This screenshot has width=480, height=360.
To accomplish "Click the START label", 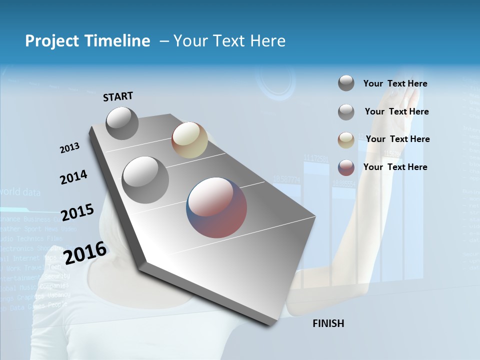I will click(x=118, y=96).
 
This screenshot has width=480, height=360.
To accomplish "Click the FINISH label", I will click(x=328, y=323).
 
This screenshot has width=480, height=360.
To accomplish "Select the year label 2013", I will click(x=69, y=147).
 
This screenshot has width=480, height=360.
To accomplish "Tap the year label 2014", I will click(x=73, y=177).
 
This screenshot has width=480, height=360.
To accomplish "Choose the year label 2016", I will click(x=85, y=252).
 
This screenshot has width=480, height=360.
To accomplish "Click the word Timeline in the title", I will click(x=115, y=41).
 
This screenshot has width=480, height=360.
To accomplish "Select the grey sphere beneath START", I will click(x=122, y=123).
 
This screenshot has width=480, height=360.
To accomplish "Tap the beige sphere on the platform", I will click(x=189, y=140).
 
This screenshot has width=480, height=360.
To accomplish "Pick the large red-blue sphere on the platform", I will click(x=216, y=207).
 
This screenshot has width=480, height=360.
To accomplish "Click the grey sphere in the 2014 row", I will click(x=145, y=179).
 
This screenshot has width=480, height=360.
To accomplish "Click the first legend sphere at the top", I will click(x=346, y=83).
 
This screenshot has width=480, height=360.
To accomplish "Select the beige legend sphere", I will click(x=346, y=140).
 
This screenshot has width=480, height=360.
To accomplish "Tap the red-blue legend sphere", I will click(x=346, y=167).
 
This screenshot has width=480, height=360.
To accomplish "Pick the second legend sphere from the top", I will click(x=346, y=112).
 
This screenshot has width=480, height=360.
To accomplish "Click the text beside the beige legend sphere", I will click(x=397, y=139).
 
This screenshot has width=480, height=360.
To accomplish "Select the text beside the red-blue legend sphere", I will click(x=395, y=167).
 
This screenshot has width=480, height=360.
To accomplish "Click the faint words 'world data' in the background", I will click(x=20, y=191).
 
